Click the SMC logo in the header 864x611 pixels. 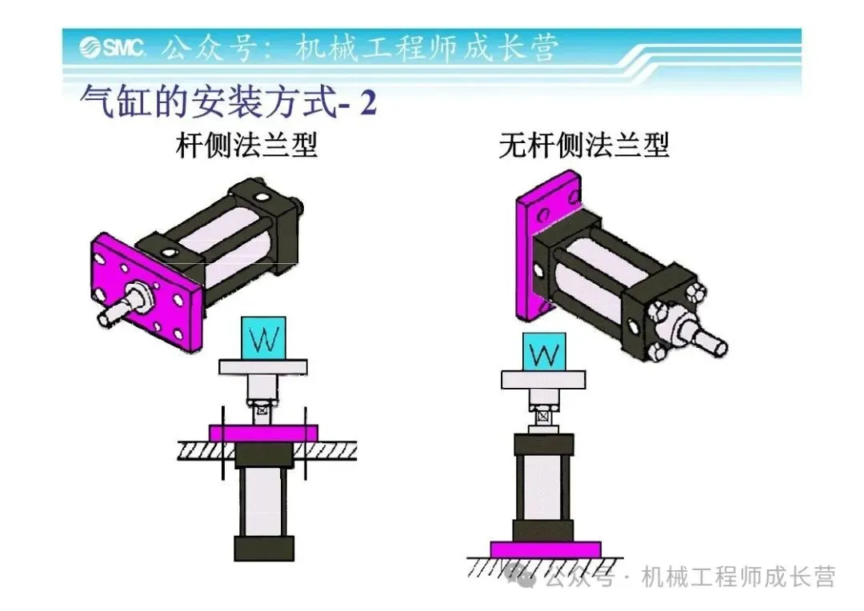[x=111, y=48]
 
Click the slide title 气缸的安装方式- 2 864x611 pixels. [x=228, y=104]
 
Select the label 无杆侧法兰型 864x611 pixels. [x=583, y=146]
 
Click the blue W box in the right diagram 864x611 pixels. [x=544, y=353]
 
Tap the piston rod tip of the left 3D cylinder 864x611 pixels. [x=106, y=317]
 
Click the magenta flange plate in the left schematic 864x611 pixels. [x=263, y=432]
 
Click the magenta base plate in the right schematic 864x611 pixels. [x=545, y=549]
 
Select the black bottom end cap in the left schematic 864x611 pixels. [x=263, y=548]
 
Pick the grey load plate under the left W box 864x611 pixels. [x=263, y=366]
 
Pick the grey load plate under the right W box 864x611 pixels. [x=544, y=380]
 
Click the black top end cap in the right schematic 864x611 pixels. [x=544, y=444]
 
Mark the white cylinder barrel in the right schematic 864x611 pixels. [x=544, y=488]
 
